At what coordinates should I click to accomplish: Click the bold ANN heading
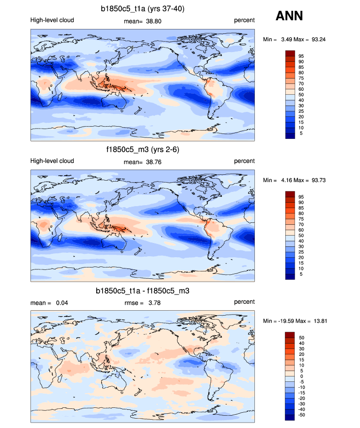point(289,16)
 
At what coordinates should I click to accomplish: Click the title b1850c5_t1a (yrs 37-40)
point(142,9)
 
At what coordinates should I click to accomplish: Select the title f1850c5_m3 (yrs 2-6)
point(142,149)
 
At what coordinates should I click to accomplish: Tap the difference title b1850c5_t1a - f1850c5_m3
point(142,291)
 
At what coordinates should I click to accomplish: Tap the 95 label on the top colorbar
point(301,56)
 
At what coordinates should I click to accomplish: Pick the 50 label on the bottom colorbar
point(301,338)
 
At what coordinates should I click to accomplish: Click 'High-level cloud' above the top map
point(52,20)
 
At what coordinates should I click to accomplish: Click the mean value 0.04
point(61,303)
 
